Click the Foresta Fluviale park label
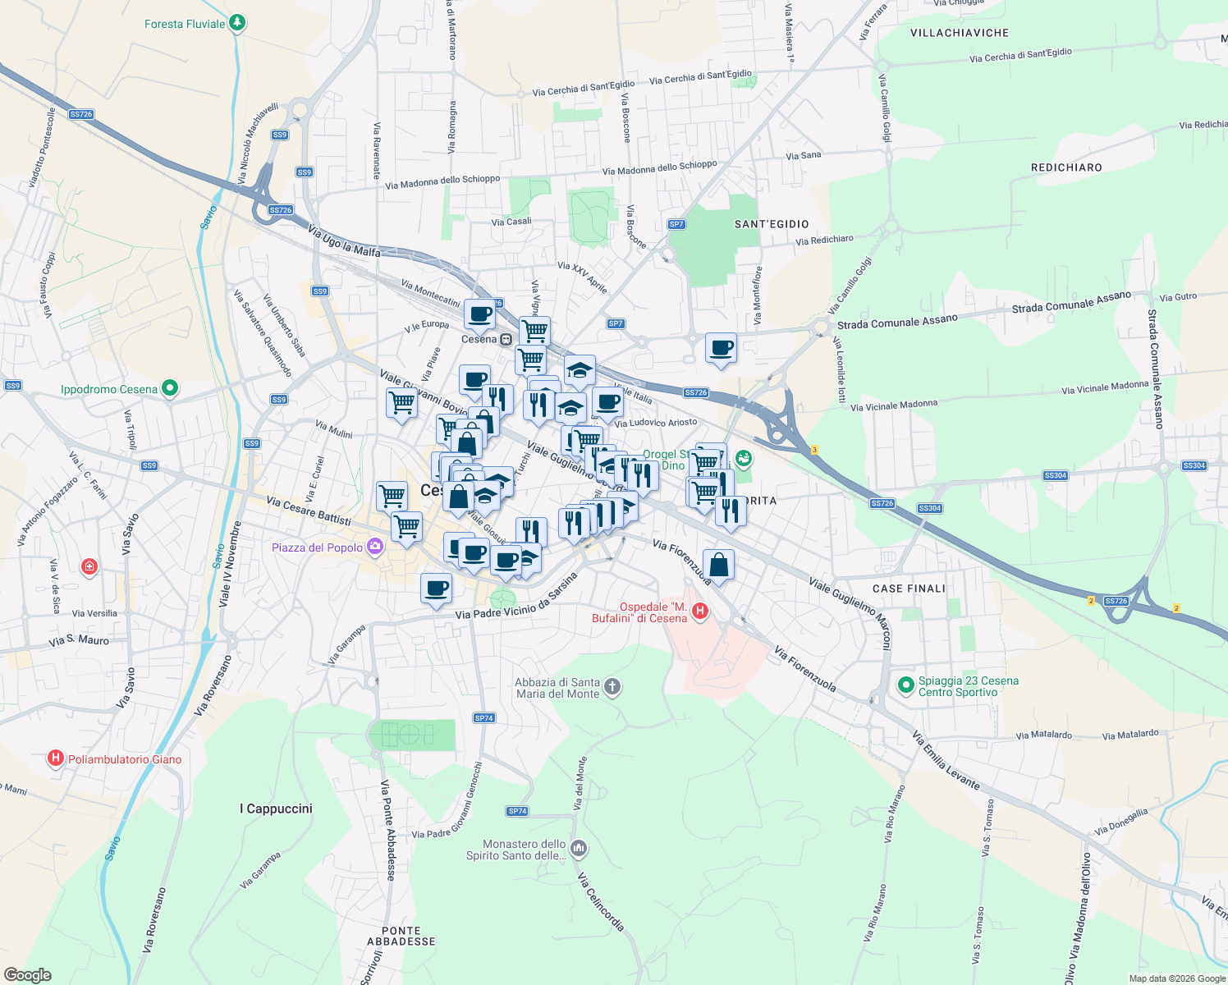185,24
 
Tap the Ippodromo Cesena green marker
170,388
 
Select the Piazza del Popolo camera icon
375,547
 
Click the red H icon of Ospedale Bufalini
700,611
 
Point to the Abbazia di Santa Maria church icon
612,687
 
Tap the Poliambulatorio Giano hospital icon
56,758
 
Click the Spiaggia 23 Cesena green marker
906,684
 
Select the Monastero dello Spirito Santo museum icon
579,848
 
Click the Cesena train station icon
506,339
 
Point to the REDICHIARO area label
1066,167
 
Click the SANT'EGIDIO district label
772,224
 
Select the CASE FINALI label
909,589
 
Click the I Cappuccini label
276,809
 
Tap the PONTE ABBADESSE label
401,936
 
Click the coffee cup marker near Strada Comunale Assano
721,348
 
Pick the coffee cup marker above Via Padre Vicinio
436,588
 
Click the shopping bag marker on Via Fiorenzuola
718,565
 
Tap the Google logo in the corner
27,974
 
